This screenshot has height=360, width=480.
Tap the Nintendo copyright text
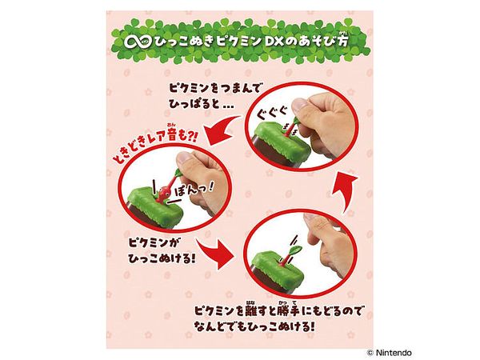pos(389,353)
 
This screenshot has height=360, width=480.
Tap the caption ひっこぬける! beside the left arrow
pos(162,259)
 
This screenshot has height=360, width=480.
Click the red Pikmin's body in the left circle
pos(161,194)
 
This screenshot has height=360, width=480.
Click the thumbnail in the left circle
pos(184,158)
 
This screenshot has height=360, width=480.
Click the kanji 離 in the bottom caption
pos(252,311)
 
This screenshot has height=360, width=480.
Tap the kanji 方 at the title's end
pos(343,42)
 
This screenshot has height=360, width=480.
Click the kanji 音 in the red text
pos(171,134)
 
